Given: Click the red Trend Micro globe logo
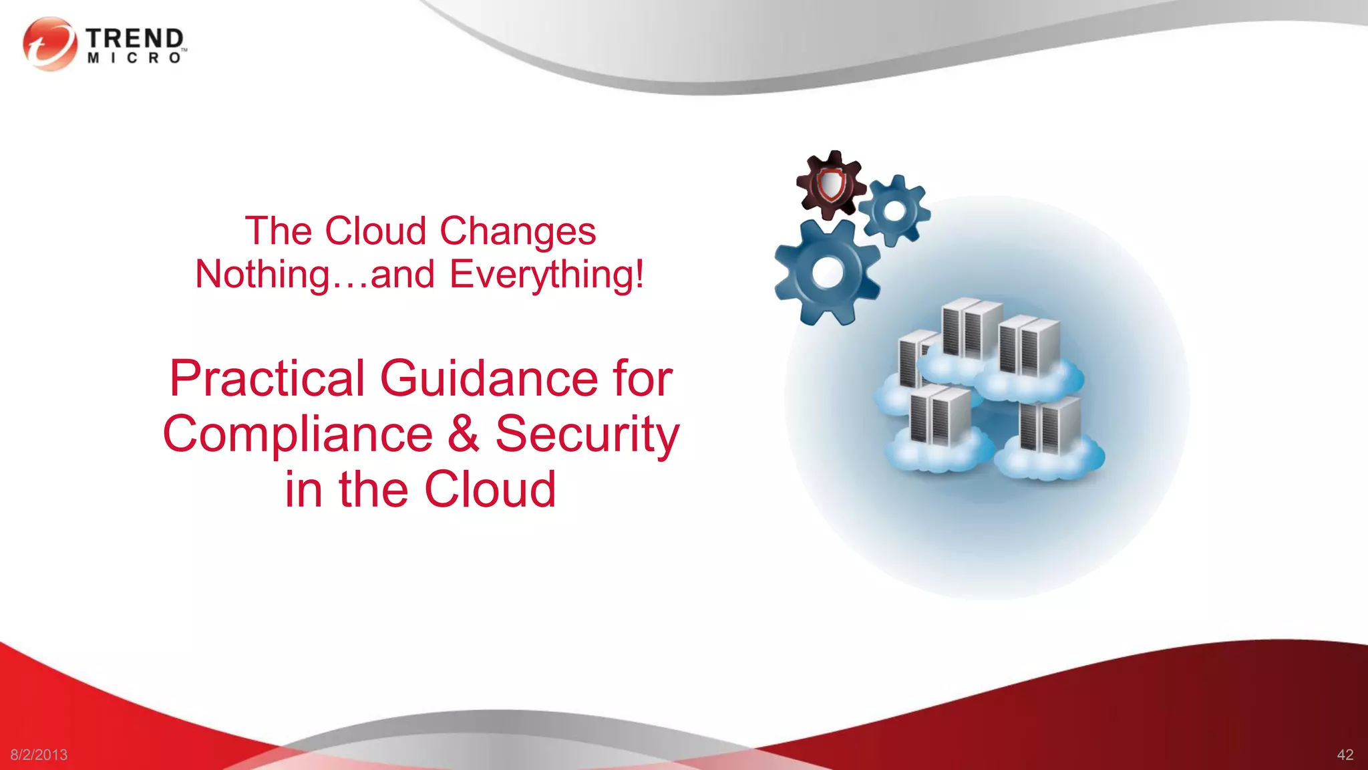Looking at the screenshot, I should point(49,44).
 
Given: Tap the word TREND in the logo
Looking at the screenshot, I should point(134,39).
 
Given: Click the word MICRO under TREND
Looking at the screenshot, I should point(134,59).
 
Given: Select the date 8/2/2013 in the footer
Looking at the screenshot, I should point(39,755).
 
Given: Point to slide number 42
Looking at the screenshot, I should point(1345,755).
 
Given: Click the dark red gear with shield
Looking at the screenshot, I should point(830,184).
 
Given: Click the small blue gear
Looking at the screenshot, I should point(894,211).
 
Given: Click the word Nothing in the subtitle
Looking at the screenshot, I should point(262,275).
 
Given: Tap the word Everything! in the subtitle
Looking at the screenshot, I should point(546,275).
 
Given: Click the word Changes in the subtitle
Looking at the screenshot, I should point(518,231).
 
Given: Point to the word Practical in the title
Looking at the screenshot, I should point(267,378).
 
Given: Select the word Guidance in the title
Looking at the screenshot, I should point(489,378).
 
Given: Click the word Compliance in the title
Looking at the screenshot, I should point(298,434).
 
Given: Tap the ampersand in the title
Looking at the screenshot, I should point(463,434).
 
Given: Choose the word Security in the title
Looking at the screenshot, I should point(587,434).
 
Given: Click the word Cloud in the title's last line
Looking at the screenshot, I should point(490,489).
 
